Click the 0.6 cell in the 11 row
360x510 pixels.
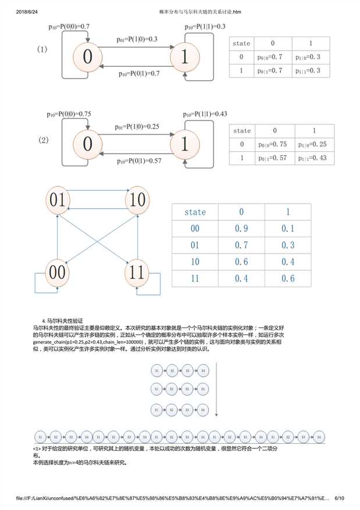click(288, 279)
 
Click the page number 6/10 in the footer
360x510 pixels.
click(339, 498)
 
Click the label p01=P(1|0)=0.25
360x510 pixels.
click(137, 127)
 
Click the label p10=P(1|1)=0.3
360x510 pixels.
click(205, 27)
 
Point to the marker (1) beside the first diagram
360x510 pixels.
click(42, 49)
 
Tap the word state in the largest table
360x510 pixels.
click(195, 212)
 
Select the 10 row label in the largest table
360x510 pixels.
click(195, 262)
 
